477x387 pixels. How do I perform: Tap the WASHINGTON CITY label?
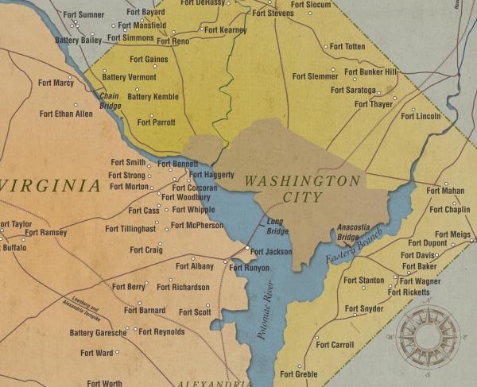point(301,189)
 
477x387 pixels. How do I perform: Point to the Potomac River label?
point(265,311)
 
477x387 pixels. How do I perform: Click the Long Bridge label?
point(277,226)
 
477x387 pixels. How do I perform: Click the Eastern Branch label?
point(354,247)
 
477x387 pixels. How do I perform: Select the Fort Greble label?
point(300,374)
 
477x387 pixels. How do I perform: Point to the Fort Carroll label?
point(335,345)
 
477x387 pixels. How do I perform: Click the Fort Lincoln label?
point(421,116)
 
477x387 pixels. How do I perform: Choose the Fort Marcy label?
point(56,83)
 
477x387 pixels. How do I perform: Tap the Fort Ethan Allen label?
point(66,114)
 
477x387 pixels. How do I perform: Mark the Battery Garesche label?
point(98,333)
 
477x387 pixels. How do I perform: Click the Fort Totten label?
point(347,47)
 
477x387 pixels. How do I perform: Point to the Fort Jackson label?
point(273,251)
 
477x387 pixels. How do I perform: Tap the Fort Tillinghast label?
point(133,229)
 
